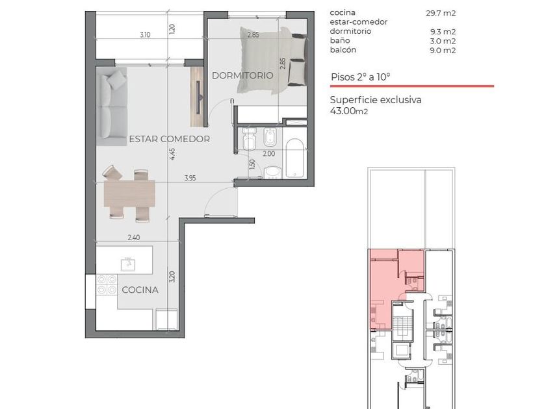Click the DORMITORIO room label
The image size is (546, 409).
[x=242, y=75]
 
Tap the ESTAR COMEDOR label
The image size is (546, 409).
[x=170, y=139]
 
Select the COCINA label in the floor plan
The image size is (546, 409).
[x=140, y=290]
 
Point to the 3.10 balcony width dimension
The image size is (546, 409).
[x=145, y=35]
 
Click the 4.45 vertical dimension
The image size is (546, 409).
[x=172, y=154]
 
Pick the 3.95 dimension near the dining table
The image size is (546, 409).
[x=190, y=178]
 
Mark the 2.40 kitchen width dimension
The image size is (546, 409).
[x=134, y=238]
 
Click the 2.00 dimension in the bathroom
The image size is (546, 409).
[x=269, y=153]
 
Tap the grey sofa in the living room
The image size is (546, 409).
[x=112, y=106]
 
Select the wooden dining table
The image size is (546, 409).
[x=129, y=193]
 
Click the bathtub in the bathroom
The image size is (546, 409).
[x=295, y=158]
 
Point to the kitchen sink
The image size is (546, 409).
[x=128, y=264]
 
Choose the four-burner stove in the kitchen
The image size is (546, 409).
[x=107, y=284]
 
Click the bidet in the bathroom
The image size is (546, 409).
[x=270, y=138]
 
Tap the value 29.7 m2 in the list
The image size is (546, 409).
[x=441, y=13]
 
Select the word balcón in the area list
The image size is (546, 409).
[x=343, y=50]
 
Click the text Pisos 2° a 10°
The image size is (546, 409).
[x=360, y=77]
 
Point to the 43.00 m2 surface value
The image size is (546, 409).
[x=349, y=111]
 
